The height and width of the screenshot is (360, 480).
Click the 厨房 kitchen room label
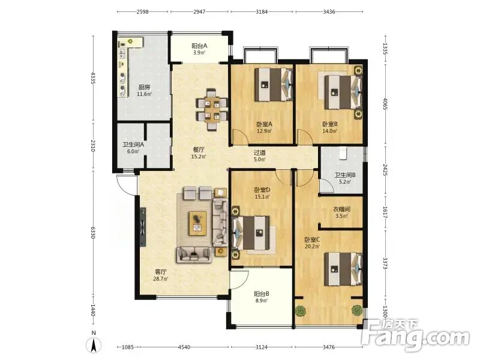(144, 88)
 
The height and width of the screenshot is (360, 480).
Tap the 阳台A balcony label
(199, 46)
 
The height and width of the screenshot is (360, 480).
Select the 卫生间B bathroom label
(345, 175)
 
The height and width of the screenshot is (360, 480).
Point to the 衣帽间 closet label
(341, 209)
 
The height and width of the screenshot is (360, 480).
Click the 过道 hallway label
(260, 152)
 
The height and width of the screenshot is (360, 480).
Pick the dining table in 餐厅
(212, 110)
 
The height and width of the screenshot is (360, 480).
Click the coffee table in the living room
(197, 223)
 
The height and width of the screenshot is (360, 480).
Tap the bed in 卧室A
(274, 85)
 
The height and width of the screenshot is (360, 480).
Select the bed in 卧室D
(251, 233)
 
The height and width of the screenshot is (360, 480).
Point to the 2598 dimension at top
(143, 11)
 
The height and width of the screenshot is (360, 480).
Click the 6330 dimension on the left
(93, 232)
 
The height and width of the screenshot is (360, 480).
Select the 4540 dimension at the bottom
(184, 347)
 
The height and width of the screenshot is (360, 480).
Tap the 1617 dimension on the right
(385, 212)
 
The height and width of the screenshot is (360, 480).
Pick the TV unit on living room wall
(143, 227)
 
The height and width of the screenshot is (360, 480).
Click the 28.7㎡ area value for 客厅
(160, 279)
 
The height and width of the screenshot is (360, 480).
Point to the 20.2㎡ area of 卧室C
(312, 246)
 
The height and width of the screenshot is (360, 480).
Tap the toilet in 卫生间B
(343, 153)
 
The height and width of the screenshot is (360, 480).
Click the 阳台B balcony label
(262, 294)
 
